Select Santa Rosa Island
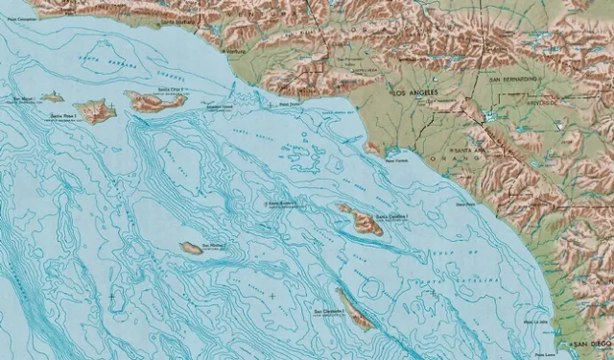(96, 111)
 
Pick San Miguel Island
(52, 97)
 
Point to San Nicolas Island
(192, 249)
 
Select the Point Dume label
(289, 104)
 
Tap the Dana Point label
(466, 204)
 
